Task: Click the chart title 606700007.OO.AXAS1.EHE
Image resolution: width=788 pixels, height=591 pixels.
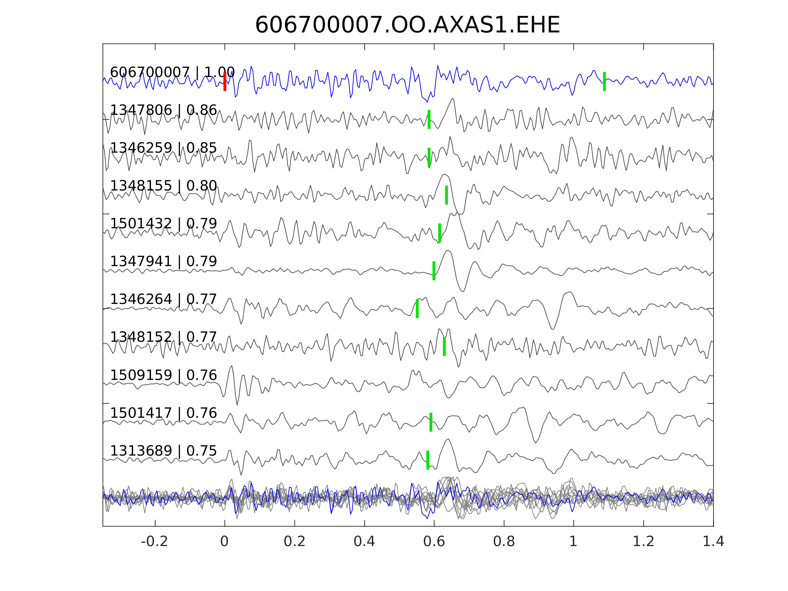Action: click(x=407, y=26)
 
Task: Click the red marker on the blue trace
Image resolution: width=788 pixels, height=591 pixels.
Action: click(x=225, y=82)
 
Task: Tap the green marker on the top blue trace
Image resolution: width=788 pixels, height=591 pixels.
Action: click(x=605, y=82)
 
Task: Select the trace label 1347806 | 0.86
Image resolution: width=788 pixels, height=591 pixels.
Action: click(x=163, y=110)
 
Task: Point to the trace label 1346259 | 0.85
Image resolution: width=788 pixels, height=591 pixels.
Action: click(x=163, y=148)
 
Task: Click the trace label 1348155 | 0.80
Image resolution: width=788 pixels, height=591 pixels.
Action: click(x=163, y=186)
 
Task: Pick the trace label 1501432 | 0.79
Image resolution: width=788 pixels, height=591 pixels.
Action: click(x=163, y=224)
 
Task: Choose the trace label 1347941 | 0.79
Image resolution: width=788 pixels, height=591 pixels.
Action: click(x=163, y=262)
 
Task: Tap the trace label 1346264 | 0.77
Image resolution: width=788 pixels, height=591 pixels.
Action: click(x=163, y=300)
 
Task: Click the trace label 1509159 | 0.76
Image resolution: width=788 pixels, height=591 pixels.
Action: click(x=163, y=376)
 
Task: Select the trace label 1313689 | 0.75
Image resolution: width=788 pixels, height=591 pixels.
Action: click(x=163, y=451)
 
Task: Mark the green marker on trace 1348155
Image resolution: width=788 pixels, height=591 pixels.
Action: click(x=447, y=195)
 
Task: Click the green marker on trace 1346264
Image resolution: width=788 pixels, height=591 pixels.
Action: click(x=417, y=309)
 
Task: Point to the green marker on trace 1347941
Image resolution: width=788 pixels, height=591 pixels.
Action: click(x=434, y=271)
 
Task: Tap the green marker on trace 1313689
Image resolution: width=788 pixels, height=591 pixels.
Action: click(x=428, y=460)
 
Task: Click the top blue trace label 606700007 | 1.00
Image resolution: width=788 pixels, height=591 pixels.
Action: click(x=172, y=72)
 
